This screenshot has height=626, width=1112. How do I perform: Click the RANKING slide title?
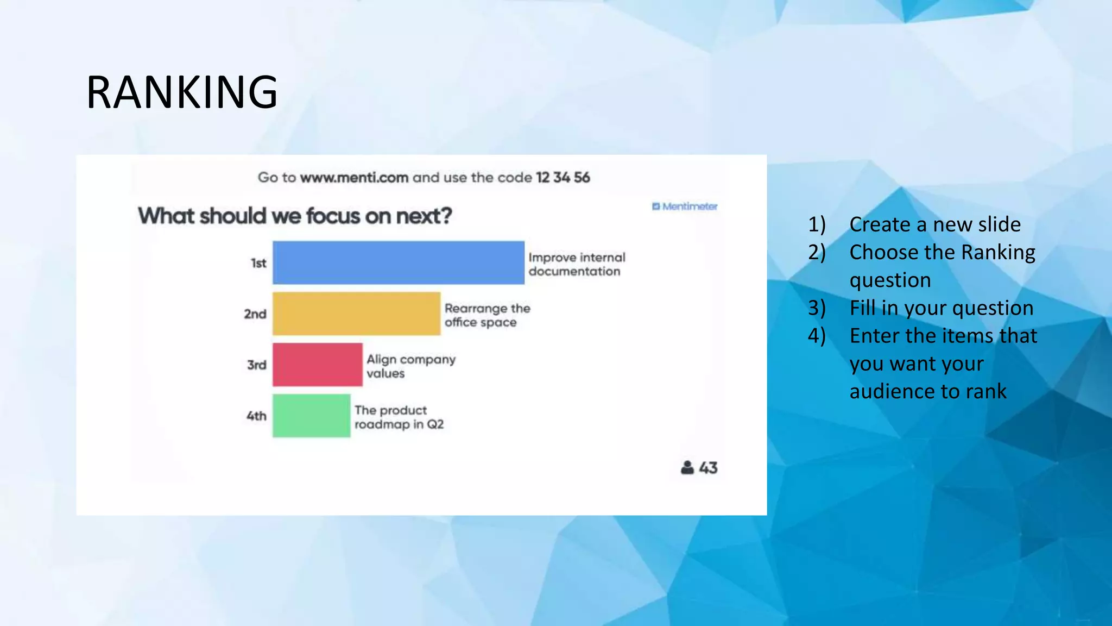pyautogui.click(x=182, y=92)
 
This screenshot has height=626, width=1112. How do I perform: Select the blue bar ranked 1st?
pyautogui.click(x=398, y=262)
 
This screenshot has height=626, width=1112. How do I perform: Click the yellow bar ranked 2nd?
pyautogui.click(x=356, y=314)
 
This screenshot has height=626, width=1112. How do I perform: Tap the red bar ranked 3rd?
pyautogui.click(x=317, y=365)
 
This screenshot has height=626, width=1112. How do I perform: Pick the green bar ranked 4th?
pyautogui.click(x=311, y=416)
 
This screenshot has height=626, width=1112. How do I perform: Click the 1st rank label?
pyautogui.click(x=258, y=263)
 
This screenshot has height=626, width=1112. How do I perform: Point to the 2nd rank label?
pyautogui.click(x=255, y=314)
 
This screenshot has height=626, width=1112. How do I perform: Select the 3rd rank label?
pyautogui.click(x=257, y=365)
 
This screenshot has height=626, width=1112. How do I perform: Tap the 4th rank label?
pyautogui.click(x=256, y=416)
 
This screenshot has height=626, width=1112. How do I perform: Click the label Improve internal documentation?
pyautogui.click(x=577, y=264)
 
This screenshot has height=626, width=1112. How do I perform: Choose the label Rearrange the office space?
pyautogui.click(x=487, y=315)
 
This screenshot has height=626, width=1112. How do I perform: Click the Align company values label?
pyautogui.click(x=410, y=366)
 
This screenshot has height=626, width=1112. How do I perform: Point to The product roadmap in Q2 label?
pyautogui.click(x=399, y=417)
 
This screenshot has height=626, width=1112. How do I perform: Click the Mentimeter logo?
pyautogui.click(x=685, y=206)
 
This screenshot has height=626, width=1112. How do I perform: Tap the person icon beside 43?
pyautogui.click(x=687, y=467)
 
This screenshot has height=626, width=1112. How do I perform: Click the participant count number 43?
pyautogui.click(x=708, y=468)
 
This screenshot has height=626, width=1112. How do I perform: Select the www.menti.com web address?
pyautogui.click(x=354, y=178)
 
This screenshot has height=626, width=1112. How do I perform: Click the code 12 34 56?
pyautogui.click(x=563, y=178)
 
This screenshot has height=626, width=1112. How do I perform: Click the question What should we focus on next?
pyautogui.click(x=295, y=216)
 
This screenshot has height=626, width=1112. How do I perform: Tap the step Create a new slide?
pyautogui.click(x=934, y=224)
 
